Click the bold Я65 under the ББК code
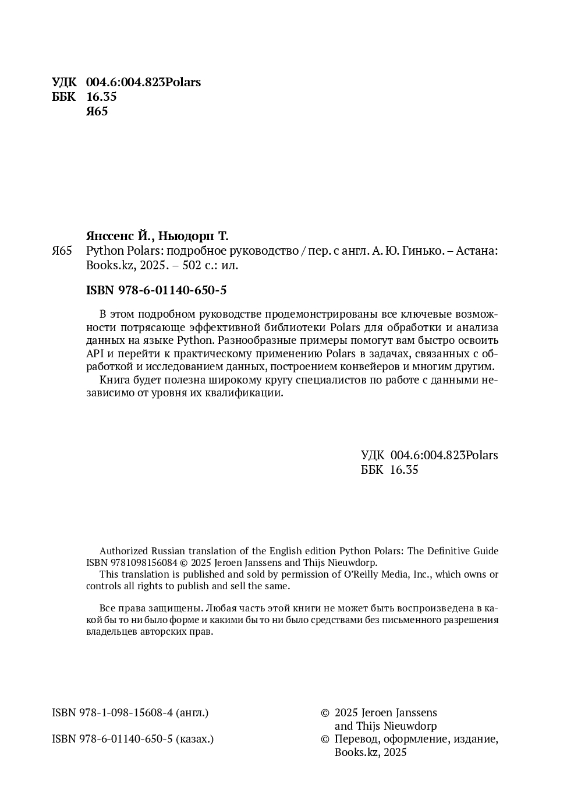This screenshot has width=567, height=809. [x=97, y=112]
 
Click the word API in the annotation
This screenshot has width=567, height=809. [x=95, y=353]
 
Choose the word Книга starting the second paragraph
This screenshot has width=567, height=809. [x=115, y=380]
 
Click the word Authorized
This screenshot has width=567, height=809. [x=124, y=551]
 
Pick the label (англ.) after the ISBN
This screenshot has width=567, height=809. [x=192, y=712]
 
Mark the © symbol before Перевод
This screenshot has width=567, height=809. [x=325, y=739]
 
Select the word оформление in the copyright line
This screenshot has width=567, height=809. [x=414, y=739]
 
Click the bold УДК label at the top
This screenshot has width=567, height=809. [x=63, y=82]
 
